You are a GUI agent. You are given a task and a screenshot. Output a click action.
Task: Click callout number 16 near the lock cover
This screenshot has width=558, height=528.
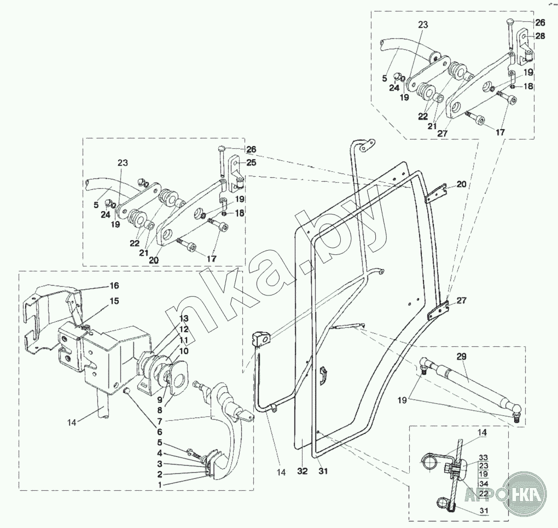pos(114,286)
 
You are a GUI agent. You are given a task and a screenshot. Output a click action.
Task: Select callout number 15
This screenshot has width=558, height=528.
pos(114,300)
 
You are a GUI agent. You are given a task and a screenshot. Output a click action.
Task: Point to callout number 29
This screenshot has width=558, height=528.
pos(461,356)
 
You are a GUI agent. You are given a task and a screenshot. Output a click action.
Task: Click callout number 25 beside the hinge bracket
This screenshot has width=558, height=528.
pos(251,163)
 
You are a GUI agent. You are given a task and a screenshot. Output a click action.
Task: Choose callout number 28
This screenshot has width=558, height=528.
pos(540,36)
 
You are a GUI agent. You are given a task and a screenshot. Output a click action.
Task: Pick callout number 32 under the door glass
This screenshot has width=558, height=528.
pos(303,470)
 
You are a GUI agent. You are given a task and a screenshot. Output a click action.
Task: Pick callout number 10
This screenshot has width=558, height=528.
pos(184,350)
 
